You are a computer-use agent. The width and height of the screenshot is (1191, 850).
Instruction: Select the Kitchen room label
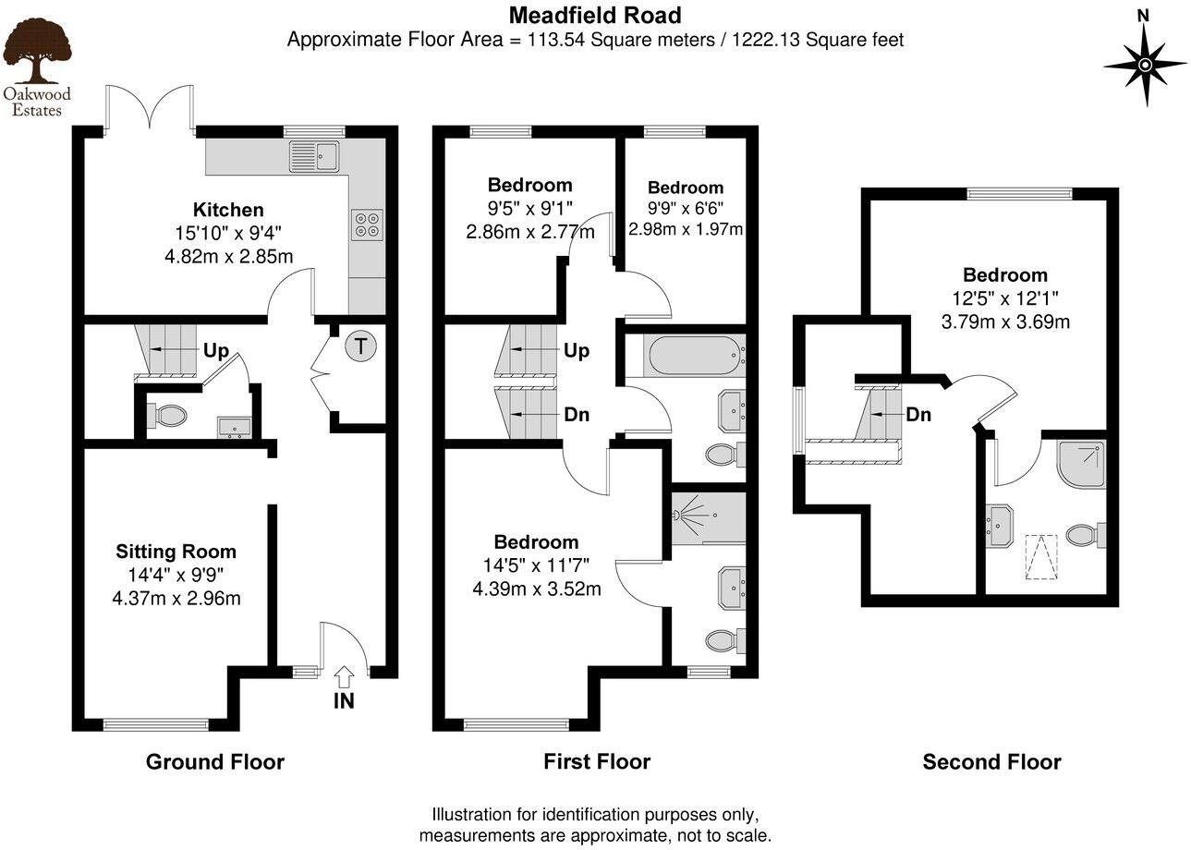[228, 210]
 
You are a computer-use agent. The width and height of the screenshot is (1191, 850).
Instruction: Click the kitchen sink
[314, 156]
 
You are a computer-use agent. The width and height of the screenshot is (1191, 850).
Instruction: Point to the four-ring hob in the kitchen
[368, 226]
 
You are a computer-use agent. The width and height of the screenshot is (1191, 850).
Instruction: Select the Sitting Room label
[176, 552]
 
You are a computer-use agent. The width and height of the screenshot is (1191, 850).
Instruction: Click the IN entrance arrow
[344, 688]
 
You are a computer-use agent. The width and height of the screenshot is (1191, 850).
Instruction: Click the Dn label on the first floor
[577, 415]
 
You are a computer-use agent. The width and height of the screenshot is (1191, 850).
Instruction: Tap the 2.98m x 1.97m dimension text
[686, 229]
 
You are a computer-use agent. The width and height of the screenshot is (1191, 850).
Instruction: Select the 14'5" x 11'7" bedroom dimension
[535, 565]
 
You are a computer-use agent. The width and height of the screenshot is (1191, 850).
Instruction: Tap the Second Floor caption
[991, 762]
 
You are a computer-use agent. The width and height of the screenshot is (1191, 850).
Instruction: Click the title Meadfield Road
[595, 15]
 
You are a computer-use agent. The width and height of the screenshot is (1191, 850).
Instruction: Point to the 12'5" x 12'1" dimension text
[1005, 298]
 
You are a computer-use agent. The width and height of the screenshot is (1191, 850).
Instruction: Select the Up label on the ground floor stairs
[216, 351]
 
